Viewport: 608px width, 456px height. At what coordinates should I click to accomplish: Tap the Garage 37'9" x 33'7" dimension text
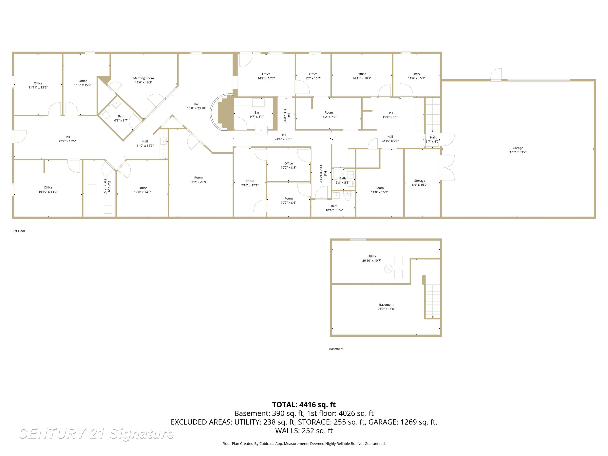click(518, 152)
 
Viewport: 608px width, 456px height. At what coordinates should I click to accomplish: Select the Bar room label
click(256, 113)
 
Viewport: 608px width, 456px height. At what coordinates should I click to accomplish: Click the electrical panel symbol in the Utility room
click(388, 269)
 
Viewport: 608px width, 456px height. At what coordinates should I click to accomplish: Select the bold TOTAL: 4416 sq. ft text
click(304, 405)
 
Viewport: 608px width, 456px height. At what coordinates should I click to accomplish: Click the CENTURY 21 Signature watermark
click(96, 434)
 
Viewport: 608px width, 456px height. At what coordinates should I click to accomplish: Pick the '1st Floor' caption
click(19, 231)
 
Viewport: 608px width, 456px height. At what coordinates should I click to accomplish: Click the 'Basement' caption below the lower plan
click(336, 349)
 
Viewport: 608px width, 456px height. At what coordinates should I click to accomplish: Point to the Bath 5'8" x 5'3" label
click(342, 180)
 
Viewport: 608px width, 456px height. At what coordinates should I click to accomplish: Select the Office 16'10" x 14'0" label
click(48, 190)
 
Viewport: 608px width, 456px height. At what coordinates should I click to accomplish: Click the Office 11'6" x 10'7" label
click(416, 76)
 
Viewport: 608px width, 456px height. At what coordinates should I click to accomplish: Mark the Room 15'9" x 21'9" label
click(198, 180)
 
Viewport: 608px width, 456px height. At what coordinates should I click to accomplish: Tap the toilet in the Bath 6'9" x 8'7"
click(105, 114)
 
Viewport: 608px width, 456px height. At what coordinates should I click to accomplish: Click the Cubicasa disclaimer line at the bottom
click(304, 444)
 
